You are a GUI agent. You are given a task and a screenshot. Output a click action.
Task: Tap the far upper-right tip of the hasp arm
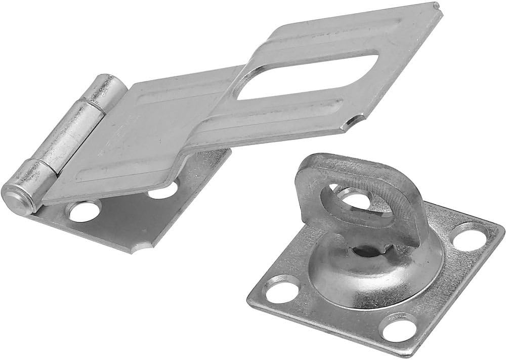click(436, 7)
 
